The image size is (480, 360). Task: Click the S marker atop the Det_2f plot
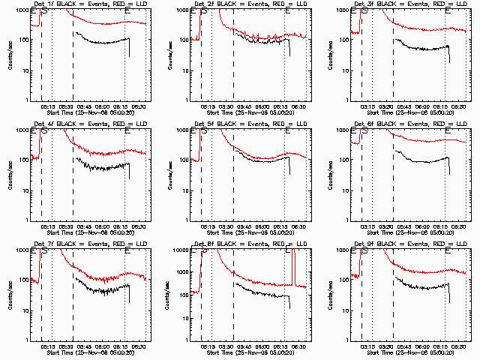[204, 11]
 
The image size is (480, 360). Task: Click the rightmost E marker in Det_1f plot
[127, 11]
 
